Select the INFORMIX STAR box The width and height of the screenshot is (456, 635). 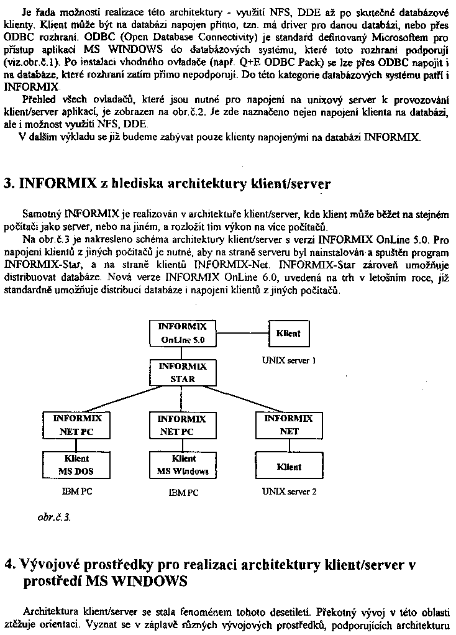click(x=183, y=372)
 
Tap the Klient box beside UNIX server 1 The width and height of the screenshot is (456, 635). click(x=288, y=334)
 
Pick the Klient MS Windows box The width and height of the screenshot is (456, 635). click(x=183, y=465)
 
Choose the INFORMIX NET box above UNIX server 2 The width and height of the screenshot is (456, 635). click(x=289, y=425)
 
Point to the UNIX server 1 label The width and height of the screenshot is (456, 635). click(x=289, y=360)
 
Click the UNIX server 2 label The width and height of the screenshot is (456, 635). click(x=289, y=491)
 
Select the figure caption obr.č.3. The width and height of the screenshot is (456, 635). click(x=53, y=516)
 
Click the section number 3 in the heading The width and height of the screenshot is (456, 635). click(x=9, y=184)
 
